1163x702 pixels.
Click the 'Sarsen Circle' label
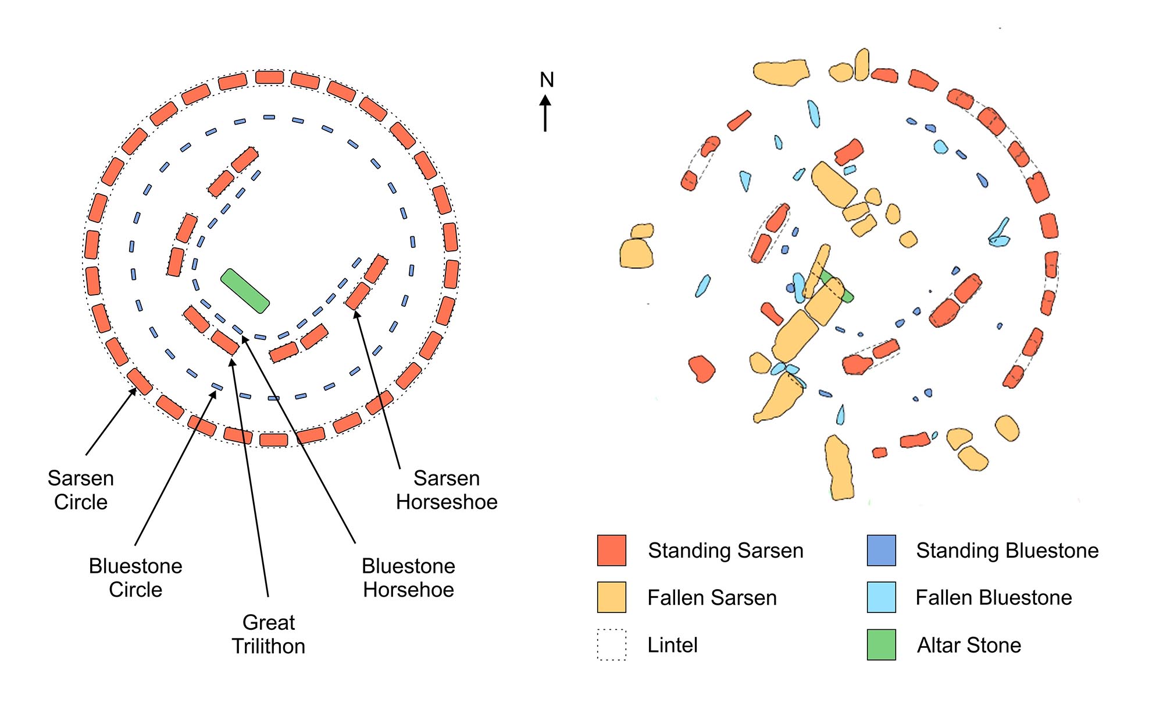click(81, 490)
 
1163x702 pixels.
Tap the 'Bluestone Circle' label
click(135, 577)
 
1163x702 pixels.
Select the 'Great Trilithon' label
click(269, 634)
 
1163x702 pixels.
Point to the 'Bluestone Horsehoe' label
click(408, 577)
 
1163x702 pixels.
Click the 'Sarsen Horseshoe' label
click(447, 490)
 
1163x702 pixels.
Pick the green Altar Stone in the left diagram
click(245, 291)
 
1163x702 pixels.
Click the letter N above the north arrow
click(547, 80)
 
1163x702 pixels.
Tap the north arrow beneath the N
click(545, 114)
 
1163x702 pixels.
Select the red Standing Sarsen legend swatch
click(612, 550)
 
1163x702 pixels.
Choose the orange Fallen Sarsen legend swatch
click(612, 597)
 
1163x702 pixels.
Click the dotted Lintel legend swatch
click(612, 644)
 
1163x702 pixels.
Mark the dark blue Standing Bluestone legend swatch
click(881, 550)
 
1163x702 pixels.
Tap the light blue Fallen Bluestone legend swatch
click(881, 597)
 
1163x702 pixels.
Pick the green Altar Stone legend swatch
click(881, 644)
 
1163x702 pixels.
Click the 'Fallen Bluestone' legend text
click(994, 598)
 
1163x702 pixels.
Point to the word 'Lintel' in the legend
click(673, 645)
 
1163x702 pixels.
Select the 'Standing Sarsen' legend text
click(726, 551)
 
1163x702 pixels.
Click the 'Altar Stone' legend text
click(969, 645)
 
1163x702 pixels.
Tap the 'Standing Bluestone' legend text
click(1007, 551)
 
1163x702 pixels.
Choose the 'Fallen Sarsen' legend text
click(712, 598)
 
